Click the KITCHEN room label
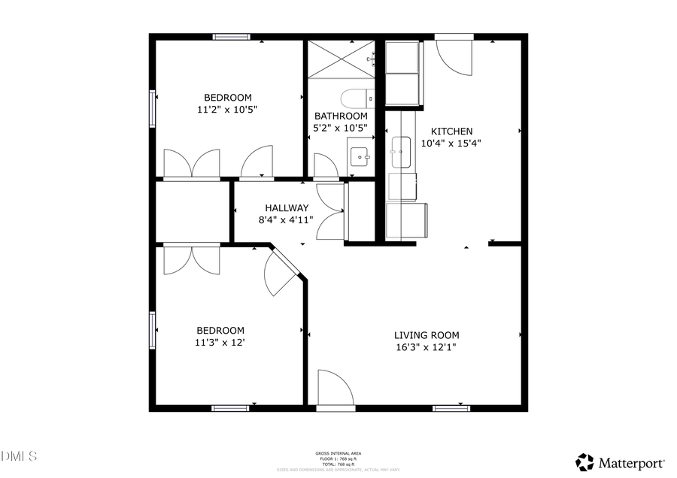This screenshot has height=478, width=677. tap(451, 131)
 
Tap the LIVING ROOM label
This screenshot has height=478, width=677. tap(427, 335)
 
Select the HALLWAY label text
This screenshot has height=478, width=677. tap(286, 208)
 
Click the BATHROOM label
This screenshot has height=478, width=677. tap(341, 116)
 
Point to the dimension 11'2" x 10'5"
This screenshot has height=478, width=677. tap(227, 109)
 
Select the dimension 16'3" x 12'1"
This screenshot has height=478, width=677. tap(427, 347)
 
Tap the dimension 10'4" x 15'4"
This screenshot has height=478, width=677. tap(451, 143)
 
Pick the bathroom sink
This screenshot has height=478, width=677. tap(360, 156)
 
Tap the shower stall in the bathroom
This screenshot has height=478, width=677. tap(341, 58)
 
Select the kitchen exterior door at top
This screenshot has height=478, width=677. tap(454, 56)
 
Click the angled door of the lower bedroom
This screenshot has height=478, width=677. tap(281, 272)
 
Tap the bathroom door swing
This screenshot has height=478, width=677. tap(326, 165)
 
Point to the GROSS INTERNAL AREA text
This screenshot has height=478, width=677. tap(338, 453)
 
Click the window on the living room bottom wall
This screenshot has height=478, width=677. tap(451, 408)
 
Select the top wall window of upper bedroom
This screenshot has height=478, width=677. tap(231, 36)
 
